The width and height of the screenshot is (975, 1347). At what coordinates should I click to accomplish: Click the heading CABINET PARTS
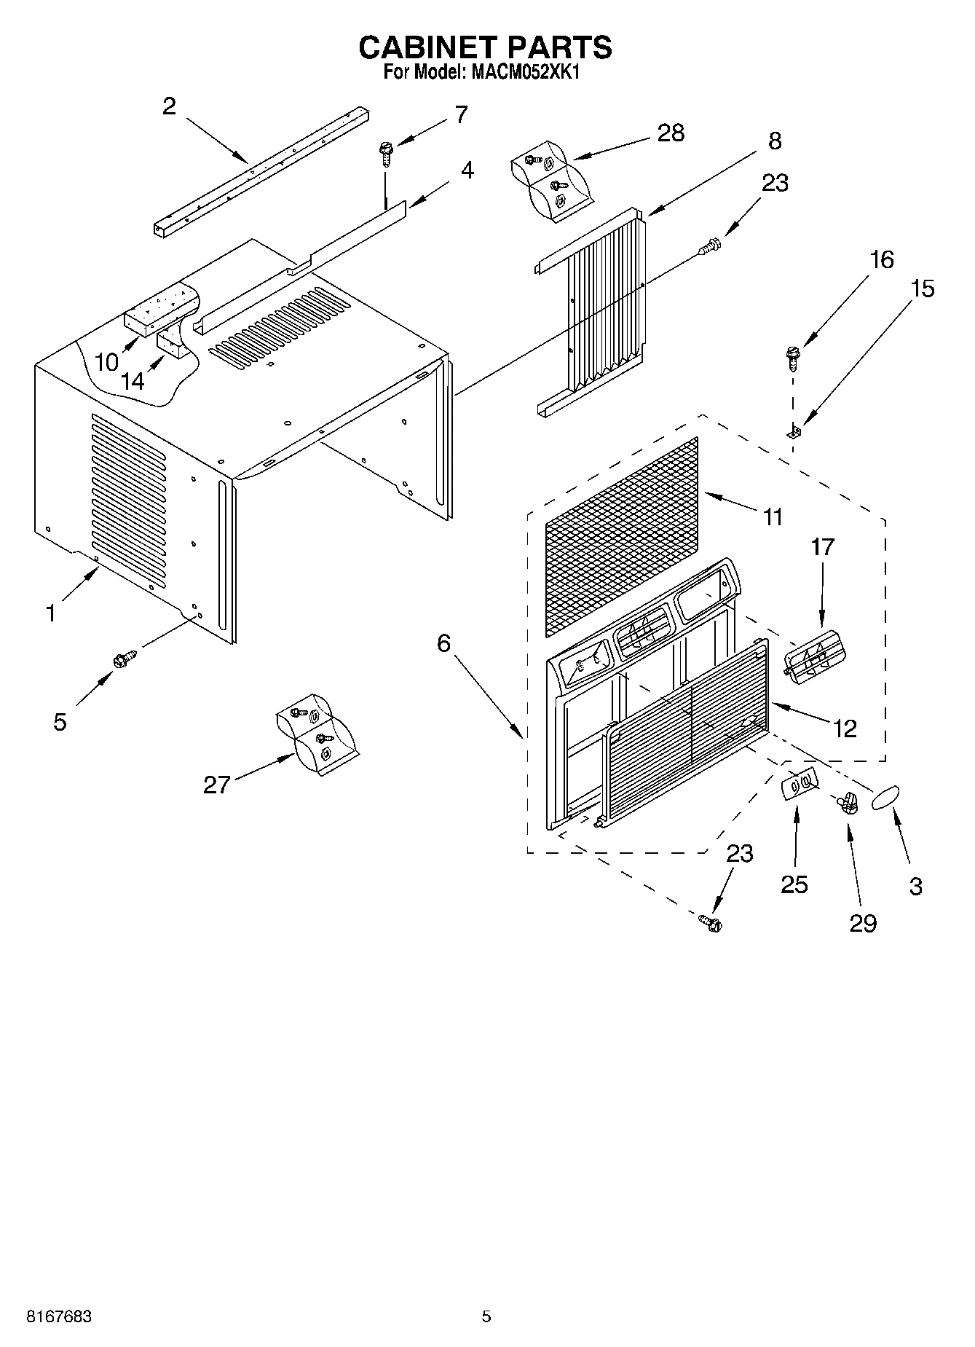[486, 47]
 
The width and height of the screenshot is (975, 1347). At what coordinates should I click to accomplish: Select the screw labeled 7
[385, 154]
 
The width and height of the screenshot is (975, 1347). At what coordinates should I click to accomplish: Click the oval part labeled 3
[885, 797]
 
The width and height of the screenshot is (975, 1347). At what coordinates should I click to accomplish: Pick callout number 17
[822, 546]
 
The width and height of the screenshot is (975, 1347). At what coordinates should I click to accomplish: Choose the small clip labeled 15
[794, 433]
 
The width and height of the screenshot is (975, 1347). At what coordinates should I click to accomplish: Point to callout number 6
[444, 643]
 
